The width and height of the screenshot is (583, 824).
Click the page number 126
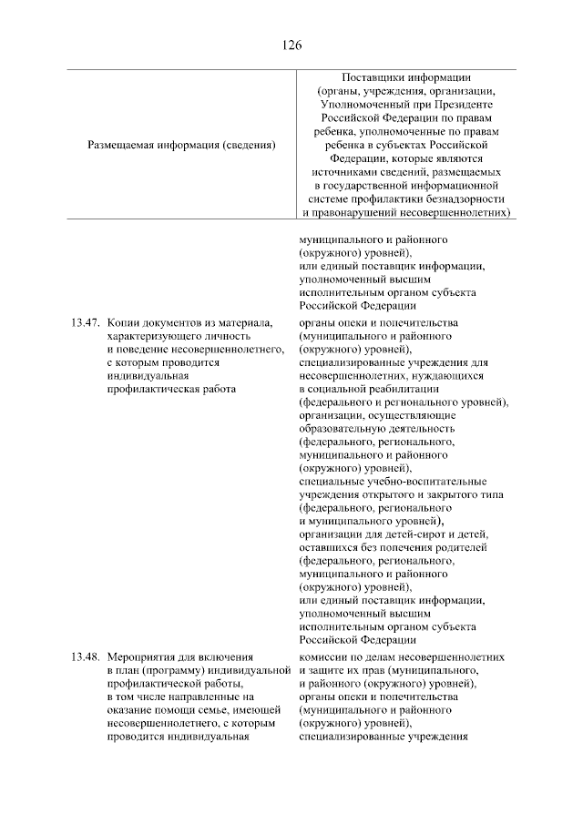pyautogui.click(x=291, y=45)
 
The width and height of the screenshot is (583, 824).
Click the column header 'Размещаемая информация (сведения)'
pyautogui.click(x=181, y=144)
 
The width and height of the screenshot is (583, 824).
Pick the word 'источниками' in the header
pyautogui.click(x=342, y=170)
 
